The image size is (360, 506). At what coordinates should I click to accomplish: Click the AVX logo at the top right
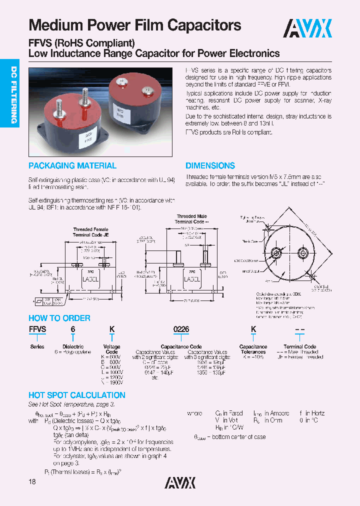[307, 28]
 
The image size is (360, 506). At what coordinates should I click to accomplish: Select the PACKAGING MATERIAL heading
[72, 166]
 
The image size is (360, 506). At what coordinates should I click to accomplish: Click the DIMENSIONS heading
[210, 166]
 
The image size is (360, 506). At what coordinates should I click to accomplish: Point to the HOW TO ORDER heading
[59, 318]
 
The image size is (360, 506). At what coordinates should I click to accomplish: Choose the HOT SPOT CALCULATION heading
[76, 395]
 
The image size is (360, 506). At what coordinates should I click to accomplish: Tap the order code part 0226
[180, 329]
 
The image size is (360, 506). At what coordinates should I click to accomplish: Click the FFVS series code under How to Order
[37, 329]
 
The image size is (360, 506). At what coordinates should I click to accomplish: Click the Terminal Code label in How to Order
[300, 346]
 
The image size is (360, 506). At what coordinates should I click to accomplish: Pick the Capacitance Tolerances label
[253, 349]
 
